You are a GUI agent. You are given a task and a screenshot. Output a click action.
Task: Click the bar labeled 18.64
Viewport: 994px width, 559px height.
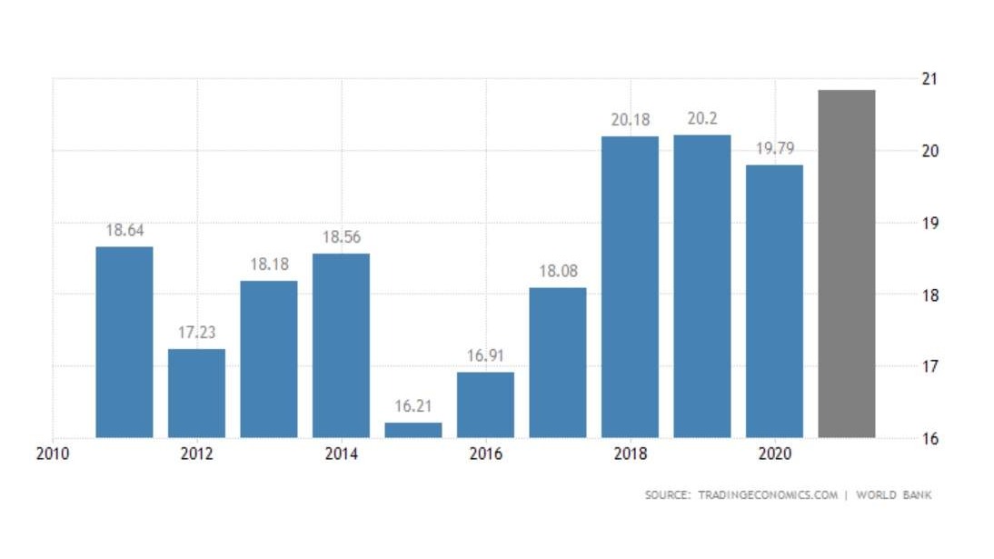[124, 342]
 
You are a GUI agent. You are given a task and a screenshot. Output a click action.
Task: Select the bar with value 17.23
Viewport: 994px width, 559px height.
[196, 393]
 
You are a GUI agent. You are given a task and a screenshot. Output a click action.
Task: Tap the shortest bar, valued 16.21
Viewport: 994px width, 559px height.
[413, 430]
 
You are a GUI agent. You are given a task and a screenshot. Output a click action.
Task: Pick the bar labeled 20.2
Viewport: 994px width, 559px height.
[701, 286]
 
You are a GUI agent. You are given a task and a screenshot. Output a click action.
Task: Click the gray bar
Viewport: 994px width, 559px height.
[846, 264]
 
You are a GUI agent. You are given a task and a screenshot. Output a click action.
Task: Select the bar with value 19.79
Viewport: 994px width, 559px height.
[774, 301]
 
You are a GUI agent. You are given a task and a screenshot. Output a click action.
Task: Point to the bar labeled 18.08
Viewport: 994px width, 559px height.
[557, 363]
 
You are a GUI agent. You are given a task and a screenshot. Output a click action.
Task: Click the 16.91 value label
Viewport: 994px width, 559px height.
[485, 355]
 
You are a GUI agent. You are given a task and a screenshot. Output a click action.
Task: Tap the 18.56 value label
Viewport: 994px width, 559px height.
[341, 236]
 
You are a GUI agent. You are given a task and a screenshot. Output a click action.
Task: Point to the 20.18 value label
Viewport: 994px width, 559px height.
[630, 119]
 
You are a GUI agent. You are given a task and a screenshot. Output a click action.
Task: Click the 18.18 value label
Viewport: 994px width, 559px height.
[269, 265]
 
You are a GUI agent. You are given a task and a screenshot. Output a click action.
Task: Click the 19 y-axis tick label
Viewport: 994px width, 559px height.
[929, 224]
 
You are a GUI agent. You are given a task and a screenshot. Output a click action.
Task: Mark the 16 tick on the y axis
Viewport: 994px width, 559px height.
[929, 439]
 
